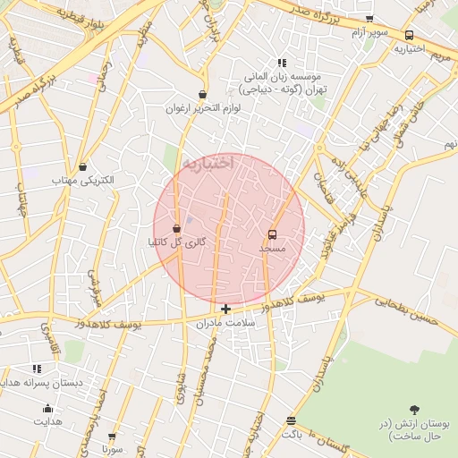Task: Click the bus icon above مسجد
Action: coord(272,235)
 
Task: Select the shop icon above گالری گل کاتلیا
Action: coord(176,228)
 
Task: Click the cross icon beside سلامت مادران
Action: coord(225,310)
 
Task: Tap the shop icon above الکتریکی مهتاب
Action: coord(83,166)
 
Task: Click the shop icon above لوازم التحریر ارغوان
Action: coord(203,94)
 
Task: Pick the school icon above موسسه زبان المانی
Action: coord(282,64)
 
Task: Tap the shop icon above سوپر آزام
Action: coord(369,20)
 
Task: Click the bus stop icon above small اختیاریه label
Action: coord(409,36)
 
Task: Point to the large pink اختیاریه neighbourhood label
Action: coord(208,163)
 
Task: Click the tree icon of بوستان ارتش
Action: coord(414,410)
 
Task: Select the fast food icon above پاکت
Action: coord(291,420)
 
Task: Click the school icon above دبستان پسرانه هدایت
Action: coord(37,369)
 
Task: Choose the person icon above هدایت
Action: coord(47,409)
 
